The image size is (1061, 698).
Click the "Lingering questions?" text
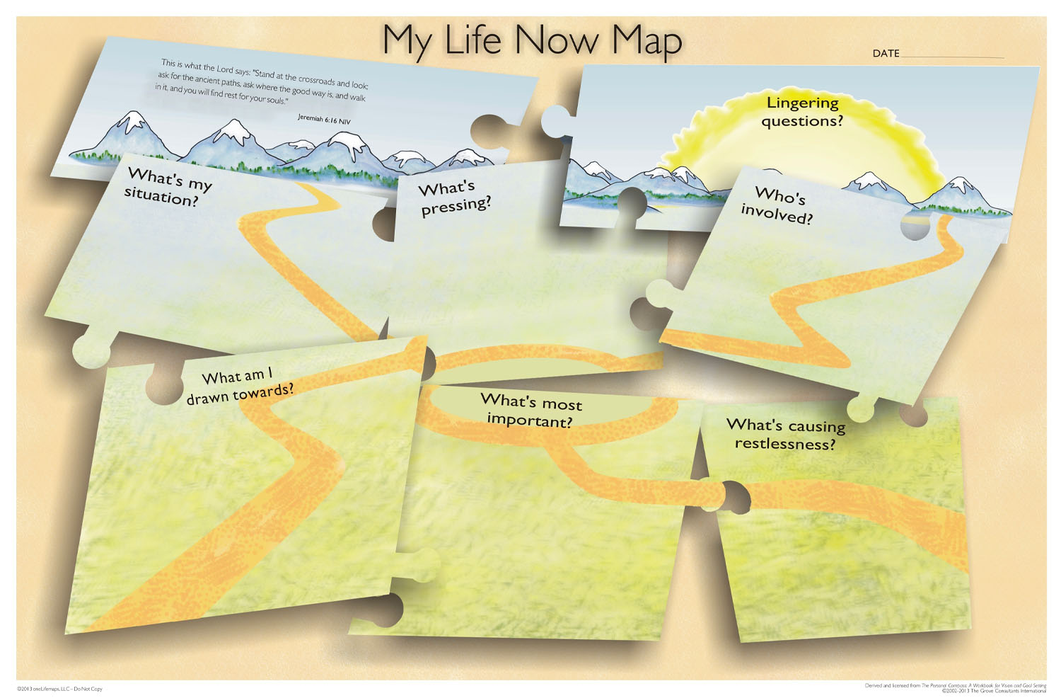(x=802, y=112)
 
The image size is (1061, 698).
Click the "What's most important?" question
(x=530, y=411)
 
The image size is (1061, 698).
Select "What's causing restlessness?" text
(x=785, y=434)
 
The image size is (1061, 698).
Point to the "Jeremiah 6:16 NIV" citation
(x=324, y=120)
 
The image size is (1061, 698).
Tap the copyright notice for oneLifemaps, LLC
(x=60, y=689)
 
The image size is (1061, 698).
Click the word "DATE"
(x=886, y=53)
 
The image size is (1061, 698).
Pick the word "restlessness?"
(x=785, y=444)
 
